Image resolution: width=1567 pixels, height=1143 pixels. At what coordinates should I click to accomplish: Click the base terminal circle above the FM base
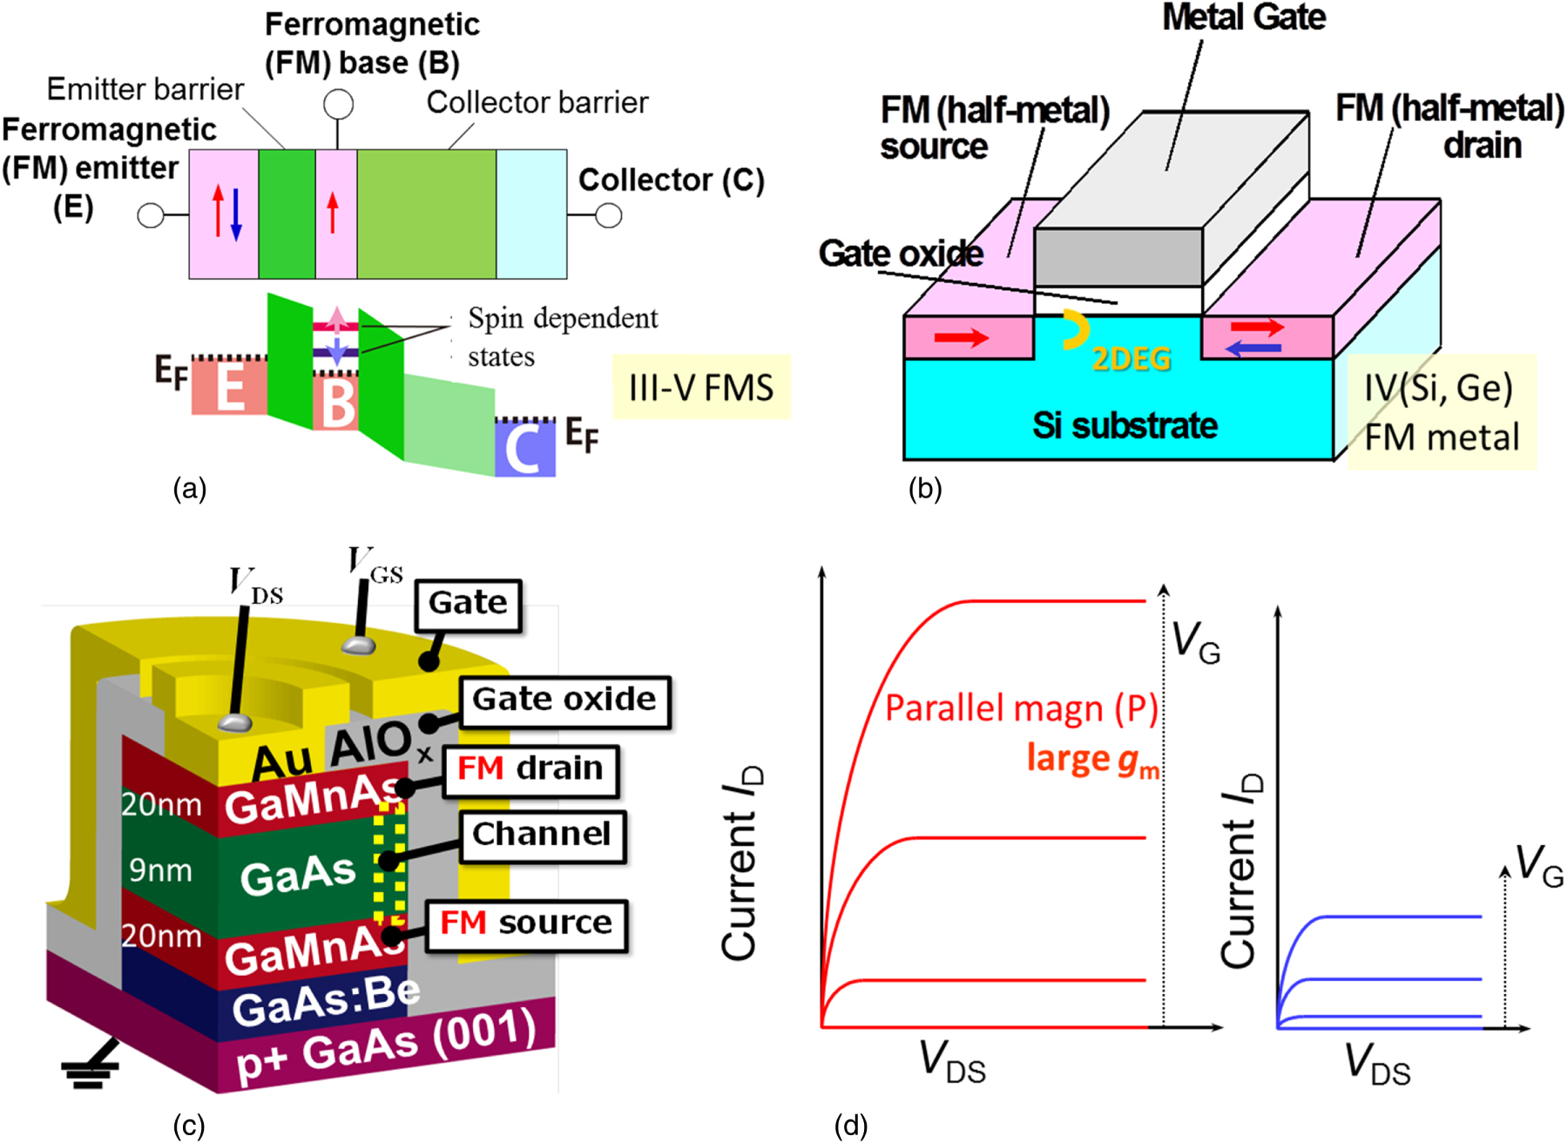(x=338, y=105)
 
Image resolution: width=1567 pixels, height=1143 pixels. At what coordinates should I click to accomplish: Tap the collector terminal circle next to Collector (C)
(x=608, y=215)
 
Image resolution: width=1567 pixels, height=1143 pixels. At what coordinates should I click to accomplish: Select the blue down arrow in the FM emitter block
(x=235, y=213)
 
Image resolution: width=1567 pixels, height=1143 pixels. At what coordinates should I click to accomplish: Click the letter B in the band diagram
(x=338, y=402)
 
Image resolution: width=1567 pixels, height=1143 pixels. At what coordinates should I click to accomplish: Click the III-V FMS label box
(x=701, y=388)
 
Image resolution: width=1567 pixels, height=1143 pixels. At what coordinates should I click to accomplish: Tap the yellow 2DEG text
(x=1131, y=359)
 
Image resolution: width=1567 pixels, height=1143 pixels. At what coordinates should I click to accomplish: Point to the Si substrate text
(x=1125, y=426)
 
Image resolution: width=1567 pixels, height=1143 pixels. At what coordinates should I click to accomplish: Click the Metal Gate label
(x=1244, y=17)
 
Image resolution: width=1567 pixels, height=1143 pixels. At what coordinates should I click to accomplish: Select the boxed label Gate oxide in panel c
(x=564, y=700)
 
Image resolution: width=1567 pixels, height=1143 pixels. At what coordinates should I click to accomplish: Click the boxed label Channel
(x=541, y=835)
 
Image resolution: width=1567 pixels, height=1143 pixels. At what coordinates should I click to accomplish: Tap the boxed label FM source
(x=526, y=923)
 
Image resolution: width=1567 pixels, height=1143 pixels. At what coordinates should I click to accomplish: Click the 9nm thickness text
(x=160, y=869)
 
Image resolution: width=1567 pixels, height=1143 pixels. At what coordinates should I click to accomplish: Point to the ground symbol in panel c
(x=91, y=1071)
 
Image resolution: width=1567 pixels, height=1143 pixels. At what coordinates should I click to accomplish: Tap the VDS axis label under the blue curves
(x=1377, y=1065)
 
